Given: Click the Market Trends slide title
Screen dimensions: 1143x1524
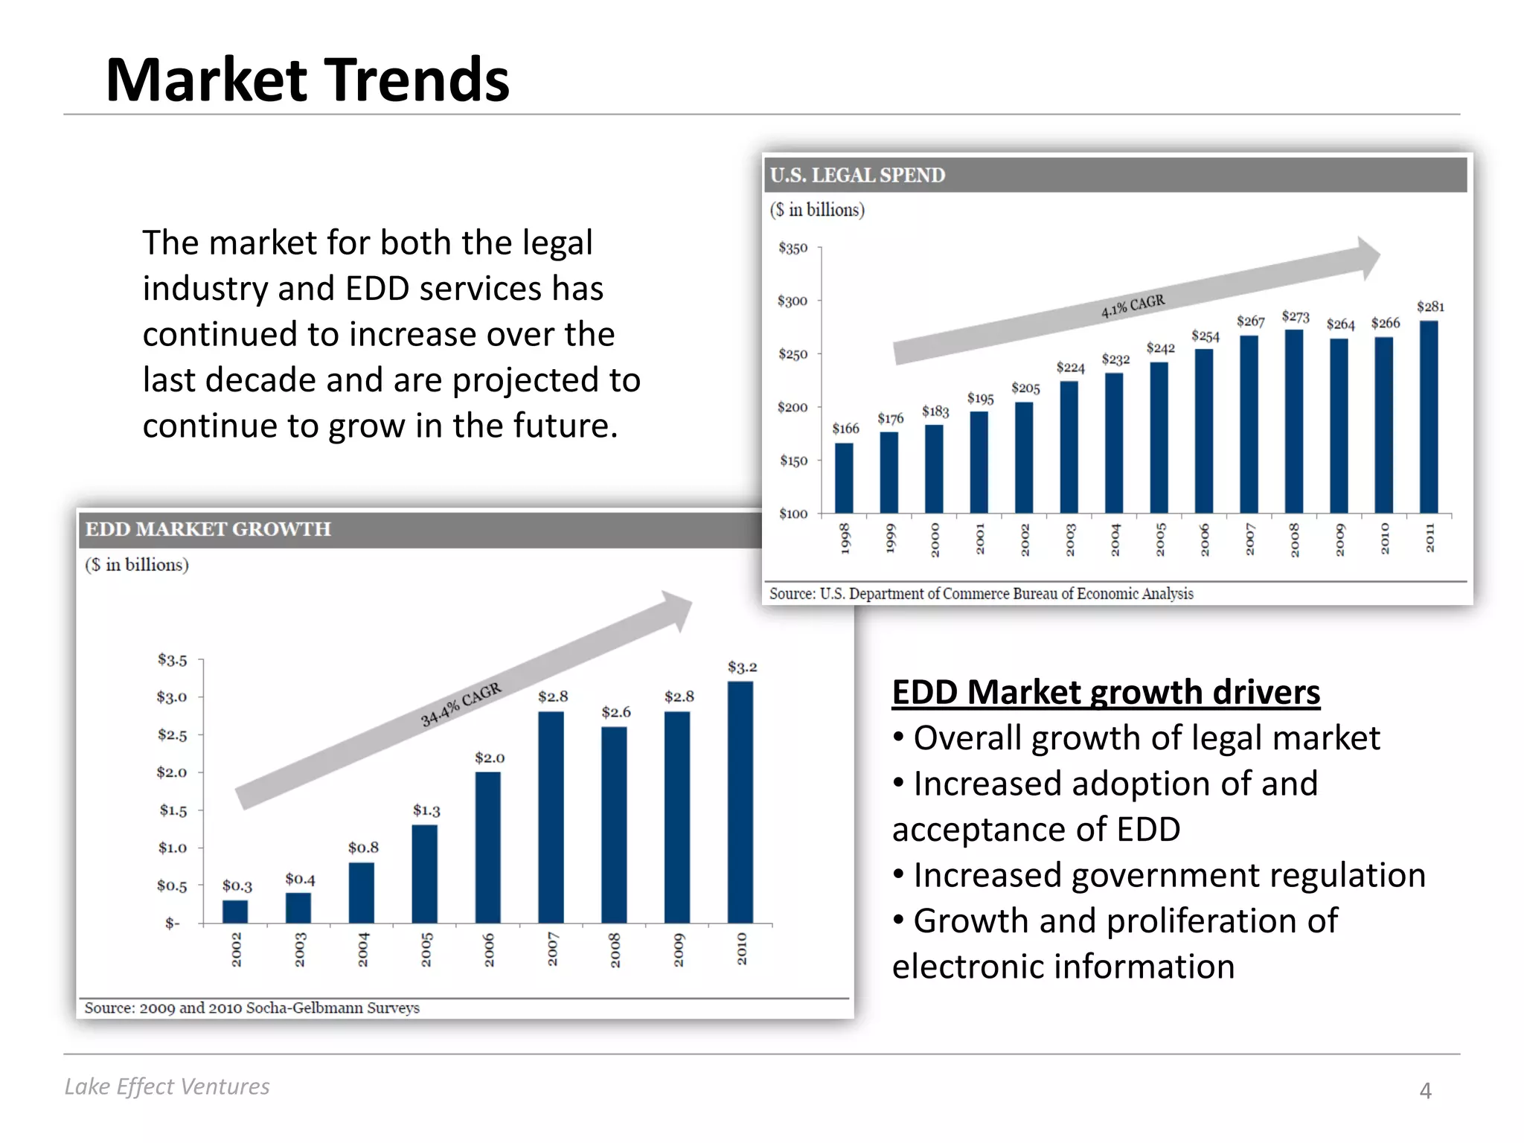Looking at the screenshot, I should [307, 80].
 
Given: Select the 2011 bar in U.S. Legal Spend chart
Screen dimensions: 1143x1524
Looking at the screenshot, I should [1429, 417].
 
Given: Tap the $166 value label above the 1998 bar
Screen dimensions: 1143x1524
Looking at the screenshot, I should [845, 429].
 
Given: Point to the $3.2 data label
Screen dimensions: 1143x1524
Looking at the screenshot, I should [742, 667].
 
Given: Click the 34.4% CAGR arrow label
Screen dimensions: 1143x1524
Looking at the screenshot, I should [461, 704].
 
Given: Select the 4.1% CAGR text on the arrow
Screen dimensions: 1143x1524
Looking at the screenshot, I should [1133, 306].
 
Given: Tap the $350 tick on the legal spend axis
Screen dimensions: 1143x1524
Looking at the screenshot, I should [793, 248].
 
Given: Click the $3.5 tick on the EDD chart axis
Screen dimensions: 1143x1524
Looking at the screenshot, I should [172, 660].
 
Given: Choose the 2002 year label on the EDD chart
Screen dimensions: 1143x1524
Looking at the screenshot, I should [237, 950].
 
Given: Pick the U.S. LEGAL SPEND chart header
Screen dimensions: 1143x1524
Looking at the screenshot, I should [857, 175].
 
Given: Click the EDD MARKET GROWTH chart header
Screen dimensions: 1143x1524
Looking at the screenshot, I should [208, 529].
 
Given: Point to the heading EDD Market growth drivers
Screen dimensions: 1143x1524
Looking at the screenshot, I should [1106, 692].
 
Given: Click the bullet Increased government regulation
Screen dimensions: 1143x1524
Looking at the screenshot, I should [1168, 875].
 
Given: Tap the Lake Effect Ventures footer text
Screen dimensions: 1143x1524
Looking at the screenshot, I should [167, 1086].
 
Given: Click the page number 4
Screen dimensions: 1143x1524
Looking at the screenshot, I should [1425, 1091].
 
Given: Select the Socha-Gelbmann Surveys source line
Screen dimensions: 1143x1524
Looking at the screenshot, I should [252, 1008].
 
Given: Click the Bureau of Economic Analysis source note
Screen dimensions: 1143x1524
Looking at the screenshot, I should [981, 594].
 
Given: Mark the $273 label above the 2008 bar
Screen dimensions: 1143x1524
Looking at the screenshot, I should [1296, 317].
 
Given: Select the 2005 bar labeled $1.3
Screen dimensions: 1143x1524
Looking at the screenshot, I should [424, 874].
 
